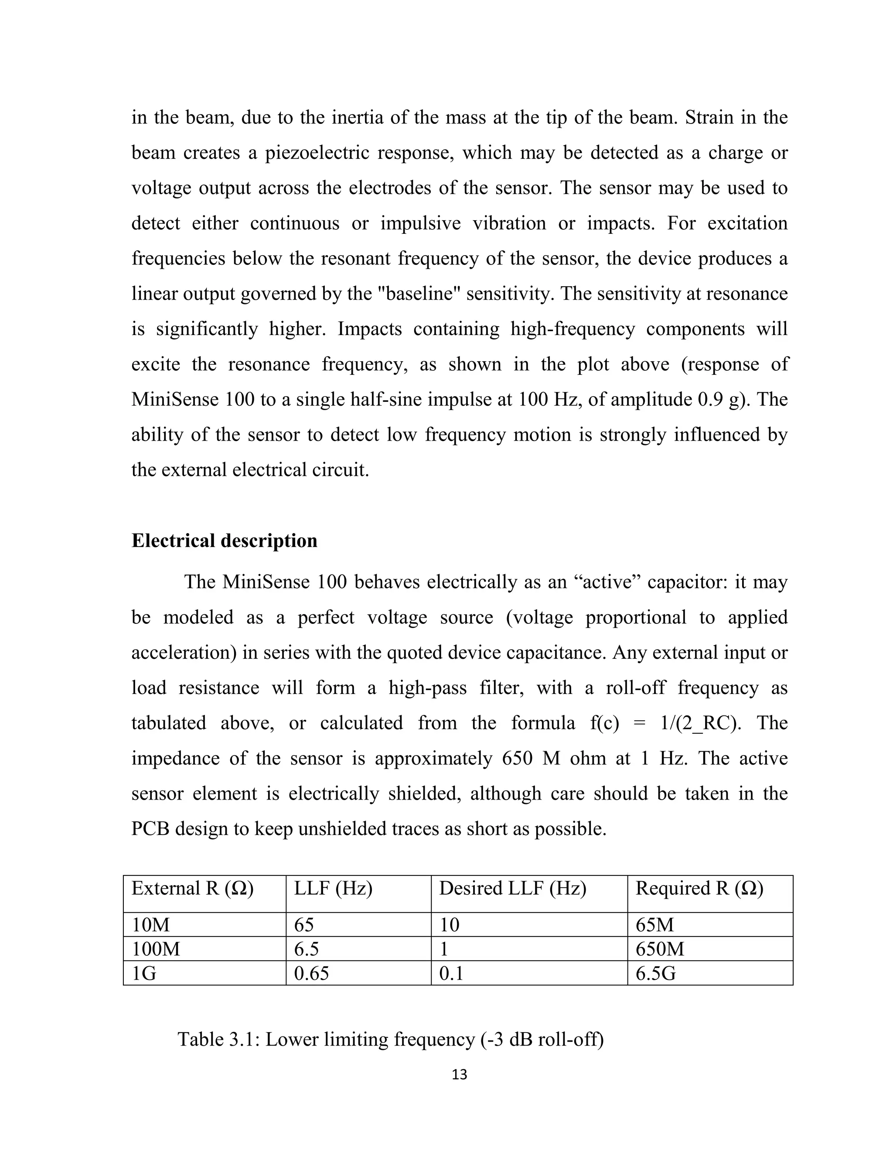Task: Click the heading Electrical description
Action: [224, 541]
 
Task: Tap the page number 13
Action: [460, 1075]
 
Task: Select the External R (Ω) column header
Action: [193, 888]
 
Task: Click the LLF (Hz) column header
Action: [333, 888]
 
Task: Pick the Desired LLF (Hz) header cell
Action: [513, 888]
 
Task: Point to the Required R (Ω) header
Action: [699, 888]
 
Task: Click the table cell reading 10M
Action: [151, 925]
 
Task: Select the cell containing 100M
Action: [156, 949]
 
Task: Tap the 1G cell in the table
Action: [144, 973]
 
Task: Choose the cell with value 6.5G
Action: [655, 973]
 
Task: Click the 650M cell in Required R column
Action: [660, 949]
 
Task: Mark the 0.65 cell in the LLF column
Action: [312, 973]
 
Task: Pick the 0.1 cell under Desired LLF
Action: [451, 973]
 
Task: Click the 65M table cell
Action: [655, 925]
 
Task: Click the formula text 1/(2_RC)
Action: [701, 723]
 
